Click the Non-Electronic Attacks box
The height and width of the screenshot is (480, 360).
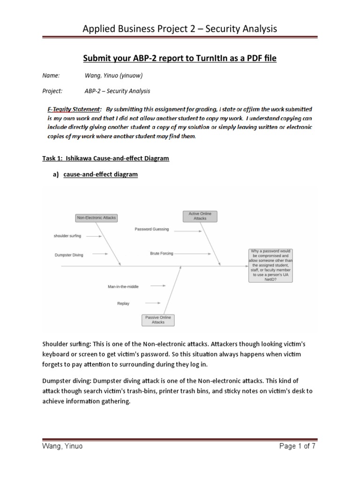96,217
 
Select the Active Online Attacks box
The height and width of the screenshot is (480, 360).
200,216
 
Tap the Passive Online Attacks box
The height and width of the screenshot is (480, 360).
158,320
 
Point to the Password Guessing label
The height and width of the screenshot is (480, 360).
151,229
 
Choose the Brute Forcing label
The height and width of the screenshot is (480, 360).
161,253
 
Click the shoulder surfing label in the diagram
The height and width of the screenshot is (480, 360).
67,236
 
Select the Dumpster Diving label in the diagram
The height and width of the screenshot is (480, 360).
68,255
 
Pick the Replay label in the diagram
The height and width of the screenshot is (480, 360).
123,303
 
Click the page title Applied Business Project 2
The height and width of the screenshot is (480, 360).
180,29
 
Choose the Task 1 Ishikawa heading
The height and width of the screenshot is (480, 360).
105,158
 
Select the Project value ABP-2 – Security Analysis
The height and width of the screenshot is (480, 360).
117,91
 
